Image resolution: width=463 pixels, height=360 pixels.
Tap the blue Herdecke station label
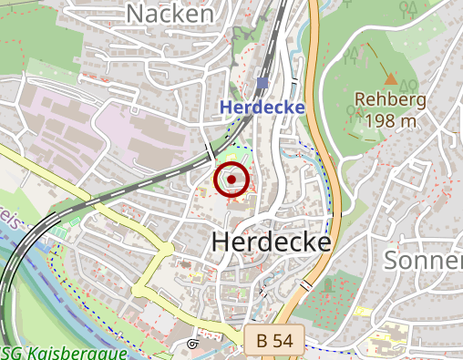[x=262, y=108]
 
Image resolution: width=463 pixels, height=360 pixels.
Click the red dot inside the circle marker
[x=231, y=180]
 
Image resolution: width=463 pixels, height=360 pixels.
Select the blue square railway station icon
[x=262, y=84]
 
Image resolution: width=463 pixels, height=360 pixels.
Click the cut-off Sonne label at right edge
[x=423, y=260]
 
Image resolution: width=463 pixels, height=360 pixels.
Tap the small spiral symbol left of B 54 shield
[x=192, y=344]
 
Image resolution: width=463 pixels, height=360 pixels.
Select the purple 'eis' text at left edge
[x=9, y=218]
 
